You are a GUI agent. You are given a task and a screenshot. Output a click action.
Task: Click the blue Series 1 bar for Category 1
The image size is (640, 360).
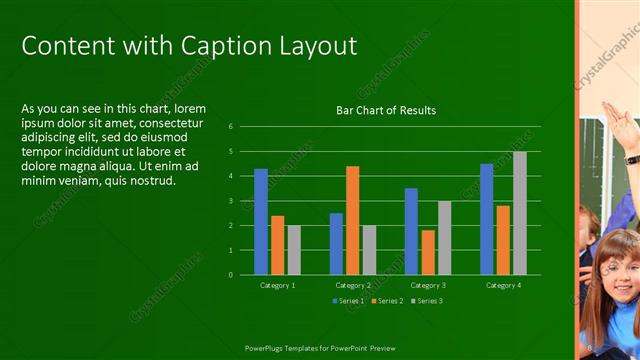[x=261, y=221]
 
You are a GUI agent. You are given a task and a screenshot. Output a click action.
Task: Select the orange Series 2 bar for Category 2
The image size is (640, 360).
[x=352, y=220]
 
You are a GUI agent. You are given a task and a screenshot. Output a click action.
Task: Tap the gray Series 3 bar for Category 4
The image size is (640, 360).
[x=519, y=213]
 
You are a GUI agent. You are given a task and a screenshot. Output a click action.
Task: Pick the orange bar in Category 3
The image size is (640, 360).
[x=428, y=252]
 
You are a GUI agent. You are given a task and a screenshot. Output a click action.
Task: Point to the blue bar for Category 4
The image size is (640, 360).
[x=486, y=219]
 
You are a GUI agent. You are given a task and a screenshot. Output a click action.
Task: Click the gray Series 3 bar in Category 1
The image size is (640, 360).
[x=294, y=250]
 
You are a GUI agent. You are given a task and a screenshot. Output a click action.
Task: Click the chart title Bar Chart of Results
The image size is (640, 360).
[x=385, y=110]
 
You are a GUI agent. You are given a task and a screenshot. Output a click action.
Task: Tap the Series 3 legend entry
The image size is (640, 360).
[x=426, y=301]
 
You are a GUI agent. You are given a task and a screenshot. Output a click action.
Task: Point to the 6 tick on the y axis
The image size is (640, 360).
[x=230, y=127]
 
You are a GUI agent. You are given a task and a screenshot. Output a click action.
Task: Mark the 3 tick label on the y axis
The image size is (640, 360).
[x=230, y=201]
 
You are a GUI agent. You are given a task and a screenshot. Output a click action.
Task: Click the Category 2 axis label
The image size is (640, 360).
[x=352, y=286]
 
